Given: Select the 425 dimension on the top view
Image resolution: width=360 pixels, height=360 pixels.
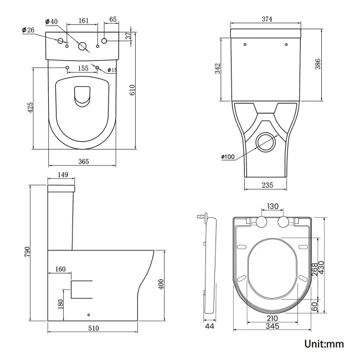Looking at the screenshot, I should [31, 108].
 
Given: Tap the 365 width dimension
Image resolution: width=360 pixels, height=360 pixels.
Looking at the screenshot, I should [82, 161].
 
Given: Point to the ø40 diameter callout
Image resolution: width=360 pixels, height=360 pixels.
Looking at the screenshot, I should [52, 22].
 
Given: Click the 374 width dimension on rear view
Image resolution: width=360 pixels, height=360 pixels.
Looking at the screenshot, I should [267, 19].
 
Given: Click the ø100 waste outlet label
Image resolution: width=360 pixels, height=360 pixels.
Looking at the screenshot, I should [228, 157].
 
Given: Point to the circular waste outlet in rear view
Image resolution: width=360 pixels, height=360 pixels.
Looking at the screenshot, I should [266, 141].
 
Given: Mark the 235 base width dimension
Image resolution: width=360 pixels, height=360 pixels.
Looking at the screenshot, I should [266, 185].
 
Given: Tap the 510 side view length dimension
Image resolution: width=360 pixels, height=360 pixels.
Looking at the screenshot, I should [92, 328].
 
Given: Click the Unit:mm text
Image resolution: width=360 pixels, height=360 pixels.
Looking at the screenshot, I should [324, 344].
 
